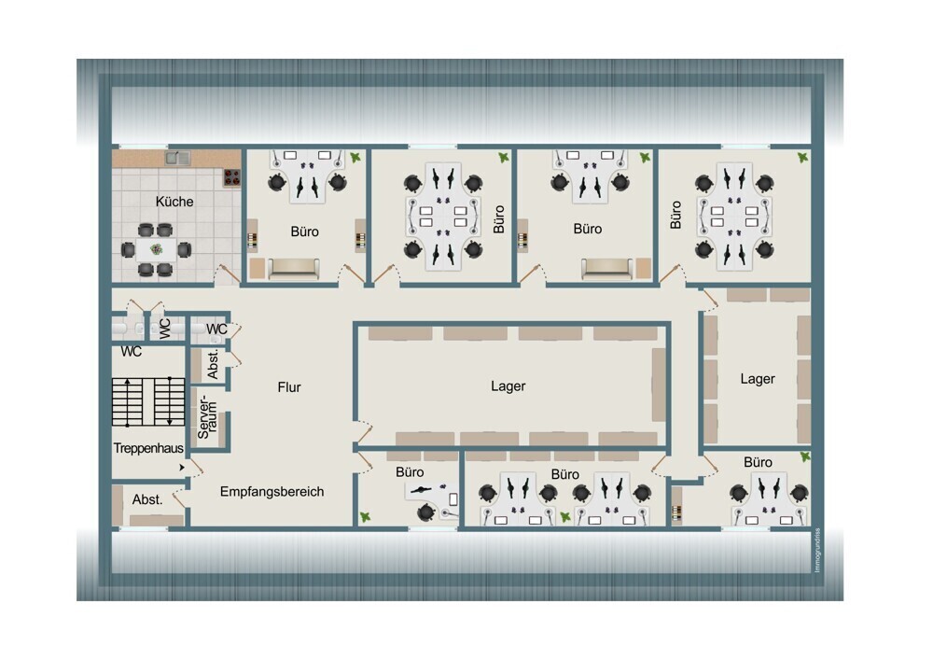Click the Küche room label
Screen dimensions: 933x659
pos(174,202)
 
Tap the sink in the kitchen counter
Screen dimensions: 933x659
pos(177,158)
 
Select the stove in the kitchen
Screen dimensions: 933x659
pos(231,176)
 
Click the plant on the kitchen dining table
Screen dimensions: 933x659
pos(157,249)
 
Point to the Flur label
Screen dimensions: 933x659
pos(289,387)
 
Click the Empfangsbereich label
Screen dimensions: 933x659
pos(272,492)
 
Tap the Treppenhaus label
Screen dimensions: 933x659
pos(148,448)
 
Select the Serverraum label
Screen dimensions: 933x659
pos(207,416)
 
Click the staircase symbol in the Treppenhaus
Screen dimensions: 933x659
pos(148,401)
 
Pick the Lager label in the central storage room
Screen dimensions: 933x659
pos(508,386)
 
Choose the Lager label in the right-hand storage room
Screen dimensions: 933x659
pos(758,379)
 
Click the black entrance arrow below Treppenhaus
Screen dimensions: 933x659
pos(182,468)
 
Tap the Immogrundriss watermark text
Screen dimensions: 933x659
pos(817,550)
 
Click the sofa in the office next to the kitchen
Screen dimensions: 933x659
pos(294,269)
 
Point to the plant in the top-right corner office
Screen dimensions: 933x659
pos(803,158)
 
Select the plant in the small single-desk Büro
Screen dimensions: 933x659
pos(366,517)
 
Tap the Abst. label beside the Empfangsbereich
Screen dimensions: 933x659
pos(147,499)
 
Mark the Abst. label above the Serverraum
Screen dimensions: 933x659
pos(213,364)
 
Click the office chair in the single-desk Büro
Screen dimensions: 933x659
pos(426,512)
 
